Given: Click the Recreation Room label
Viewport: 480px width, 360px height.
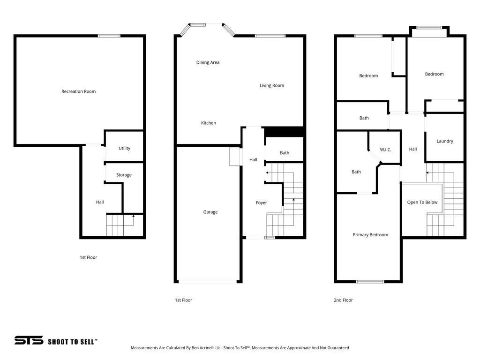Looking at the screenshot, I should pyautogui.click(x=78, y=91).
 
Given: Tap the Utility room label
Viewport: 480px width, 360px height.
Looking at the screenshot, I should pyautogui.click(x=124, y=148).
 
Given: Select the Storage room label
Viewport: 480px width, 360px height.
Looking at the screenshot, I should pyautogui.click(x=124, y=175).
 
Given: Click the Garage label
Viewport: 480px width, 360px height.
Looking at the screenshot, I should pyautogui.click(x=210, y=212).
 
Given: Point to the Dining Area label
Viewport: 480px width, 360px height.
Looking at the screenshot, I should pyautogui.click(x=208, y=62).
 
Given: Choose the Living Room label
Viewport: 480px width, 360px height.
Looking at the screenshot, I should pyautogui.click(x=272, y=85).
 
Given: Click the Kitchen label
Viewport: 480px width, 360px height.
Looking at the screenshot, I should pyautogui.click(x=209, y=123).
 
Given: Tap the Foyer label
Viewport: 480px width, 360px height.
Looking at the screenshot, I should pyautogui.click(x=261, y=203).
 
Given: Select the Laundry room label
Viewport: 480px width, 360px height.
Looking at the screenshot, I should pyautogui.click(x=444, y=141).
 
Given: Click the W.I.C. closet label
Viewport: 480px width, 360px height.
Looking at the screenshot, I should pyautogui.click(x=385, y=150).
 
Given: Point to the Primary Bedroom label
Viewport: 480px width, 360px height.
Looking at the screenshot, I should pyautogui.click(x=370, y=235).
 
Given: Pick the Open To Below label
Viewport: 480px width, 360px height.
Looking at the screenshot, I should pyautogui.click(x=422, y=202).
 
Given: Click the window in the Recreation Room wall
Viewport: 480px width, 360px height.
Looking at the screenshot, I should pyautogui.click(x=109, y=36).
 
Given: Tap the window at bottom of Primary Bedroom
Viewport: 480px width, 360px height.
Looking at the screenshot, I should pyautogui.click(x=370, y=281).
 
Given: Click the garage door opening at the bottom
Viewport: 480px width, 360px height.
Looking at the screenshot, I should pyautogui.click(x=208, y=281).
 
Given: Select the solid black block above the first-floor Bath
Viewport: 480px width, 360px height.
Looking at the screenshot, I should pyautogui.click(x=285, y=132).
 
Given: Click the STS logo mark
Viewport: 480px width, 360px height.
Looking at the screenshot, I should pyautogui.click(x=29, y=341).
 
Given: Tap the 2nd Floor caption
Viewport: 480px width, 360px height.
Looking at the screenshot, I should pyautogui.click(x=344, y=300).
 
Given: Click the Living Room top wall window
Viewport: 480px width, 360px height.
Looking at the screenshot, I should pyautogui.click(x=270, y=36).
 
